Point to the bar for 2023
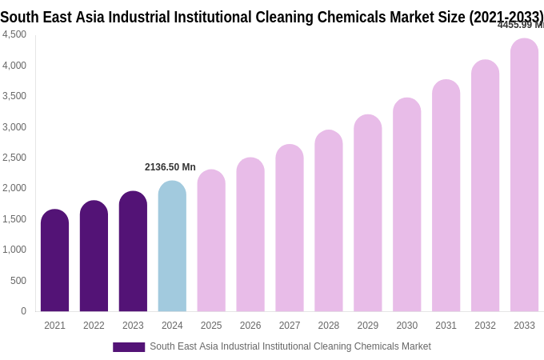point(133,251)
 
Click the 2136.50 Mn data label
point(170,167)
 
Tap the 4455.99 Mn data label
point(520,25)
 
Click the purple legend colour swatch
point(129,347)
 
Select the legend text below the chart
point(290,346)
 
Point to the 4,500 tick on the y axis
point(14,34)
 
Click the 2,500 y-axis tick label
point(14,158)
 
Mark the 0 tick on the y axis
point(23,311)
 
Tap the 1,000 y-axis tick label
point(14,250)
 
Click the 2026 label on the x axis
point(250,326)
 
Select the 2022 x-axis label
point(94,326)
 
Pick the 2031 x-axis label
point(446,326)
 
